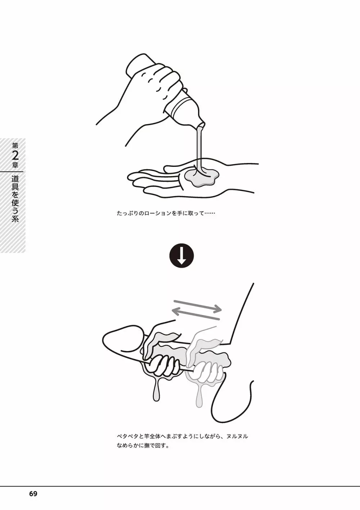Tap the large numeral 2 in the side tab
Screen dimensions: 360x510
coord(15,156)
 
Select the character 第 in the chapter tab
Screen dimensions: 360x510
coord(15,146)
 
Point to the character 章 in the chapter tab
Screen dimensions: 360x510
coord(15,165)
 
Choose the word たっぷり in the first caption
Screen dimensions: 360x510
coord(127,214)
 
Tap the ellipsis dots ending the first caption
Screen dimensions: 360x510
coord(210,214)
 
